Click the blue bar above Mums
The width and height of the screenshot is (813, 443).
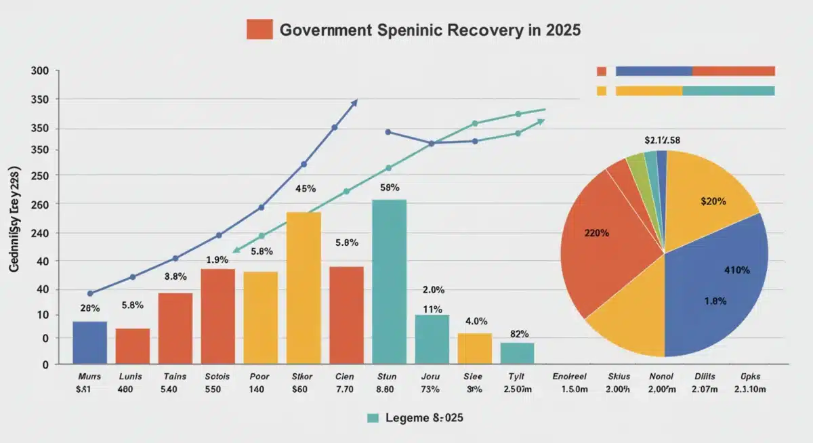coord(89,343)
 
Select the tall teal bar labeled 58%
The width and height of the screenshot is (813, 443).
coord(390,282)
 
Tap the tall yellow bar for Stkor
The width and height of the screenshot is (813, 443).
coord(304,288)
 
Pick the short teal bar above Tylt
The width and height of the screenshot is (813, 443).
coord(517,353)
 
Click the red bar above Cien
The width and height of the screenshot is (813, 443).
coord(346,315)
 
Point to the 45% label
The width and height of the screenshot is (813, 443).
coord(306,189)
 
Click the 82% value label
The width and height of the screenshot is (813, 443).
coord(518,333)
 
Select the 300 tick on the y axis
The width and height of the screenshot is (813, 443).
coord(40,71)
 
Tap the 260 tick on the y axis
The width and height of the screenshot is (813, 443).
coord(40,204)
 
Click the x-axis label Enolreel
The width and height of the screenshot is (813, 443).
coord(570,376)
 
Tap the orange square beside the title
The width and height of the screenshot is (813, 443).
coord(259,29)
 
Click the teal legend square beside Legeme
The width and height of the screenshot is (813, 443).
coord(372,418)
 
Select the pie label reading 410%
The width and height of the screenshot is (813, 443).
coord(736,270)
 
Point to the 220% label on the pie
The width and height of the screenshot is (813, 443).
coord(596,233)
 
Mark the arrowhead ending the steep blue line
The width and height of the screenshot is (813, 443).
coord(354,102)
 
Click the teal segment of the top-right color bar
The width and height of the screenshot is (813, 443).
coord(728,91)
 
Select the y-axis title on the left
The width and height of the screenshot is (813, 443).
coord(14,217)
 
